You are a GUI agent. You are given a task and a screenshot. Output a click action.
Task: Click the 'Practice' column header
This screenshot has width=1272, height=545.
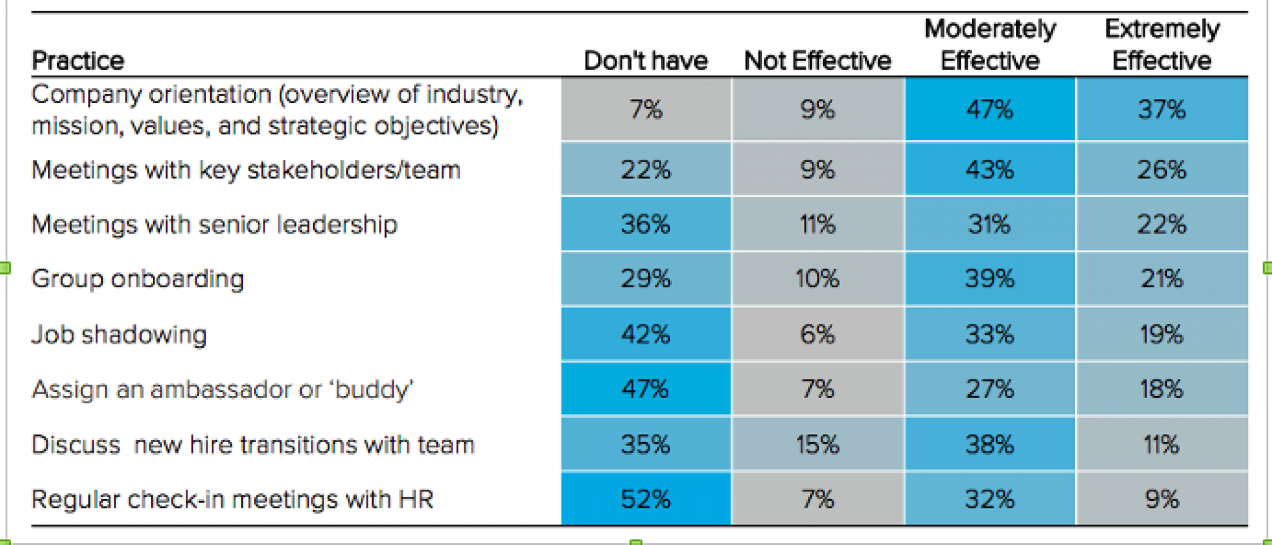[x=78, y=61]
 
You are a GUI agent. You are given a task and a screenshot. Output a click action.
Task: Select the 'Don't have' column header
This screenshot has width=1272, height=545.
[x=645, y=61]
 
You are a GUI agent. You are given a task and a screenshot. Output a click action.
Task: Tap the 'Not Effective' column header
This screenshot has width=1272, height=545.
[x=817, y=61]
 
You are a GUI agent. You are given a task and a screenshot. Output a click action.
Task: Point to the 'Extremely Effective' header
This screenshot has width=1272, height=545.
[x=1161, y=45]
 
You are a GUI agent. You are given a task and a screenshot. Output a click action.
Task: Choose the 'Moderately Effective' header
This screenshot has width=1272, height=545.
[x=989, y=45]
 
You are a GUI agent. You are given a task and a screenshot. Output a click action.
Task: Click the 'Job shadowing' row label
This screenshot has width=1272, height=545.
[x=119, y=335]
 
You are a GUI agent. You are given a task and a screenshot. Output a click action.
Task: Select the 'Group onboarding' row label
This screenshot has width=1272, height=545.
[x=137, y=279]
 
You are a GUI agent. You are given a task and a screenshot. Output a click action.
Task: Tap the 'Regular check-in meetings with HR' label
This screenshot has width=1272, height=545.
[x=232, y=500]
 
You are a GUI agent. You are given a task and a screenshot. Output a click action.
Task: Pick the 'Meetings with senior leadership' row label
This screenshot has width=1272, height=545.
[x=214, y=224]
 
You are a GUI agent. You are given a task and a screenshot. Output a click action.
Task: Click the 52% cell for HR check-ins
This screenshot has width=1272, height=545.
[x=645, y=500]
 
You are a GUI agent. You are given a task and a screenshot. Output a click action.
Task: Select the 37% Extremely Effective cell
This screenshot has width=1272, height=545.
[x=1161, y=109]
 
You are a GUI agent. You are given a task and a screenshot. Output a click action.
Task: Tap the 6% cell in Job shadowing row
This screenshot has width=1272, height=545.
[x=817, y=335]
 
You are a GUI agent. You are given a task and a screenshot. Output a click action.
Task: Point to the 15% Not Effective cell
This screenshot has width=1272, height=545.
[x=817, y=445]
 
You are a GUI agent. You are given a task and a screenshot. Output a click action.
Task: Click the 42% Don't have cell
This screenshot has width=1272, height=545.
[x=645, y=335]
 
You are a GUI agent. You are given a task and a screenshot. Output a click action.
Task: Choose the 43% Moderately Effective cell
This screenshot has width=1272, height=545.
[x=989, y=170]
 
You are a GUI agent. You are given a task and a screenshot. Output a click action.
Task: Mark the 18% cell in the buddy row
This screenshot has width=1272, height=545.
[x=1161, y=390]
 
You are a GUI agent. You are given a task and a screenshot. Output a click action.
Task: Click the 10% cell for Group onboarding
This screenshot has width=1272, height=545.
[x=817, y=279]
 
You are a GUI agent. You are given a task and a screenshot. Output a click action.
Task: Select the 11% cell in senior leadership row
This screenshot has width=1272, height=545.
[x=817, y=224]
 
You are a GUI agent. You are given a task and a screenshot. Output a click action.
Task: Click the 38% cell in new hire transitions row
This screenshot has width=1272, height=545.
[x=989, y=445]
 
